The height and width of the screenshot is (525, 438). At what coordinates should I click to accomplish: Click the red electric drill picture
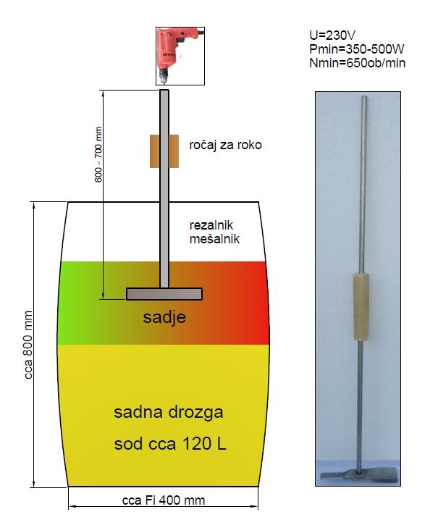point(180,56)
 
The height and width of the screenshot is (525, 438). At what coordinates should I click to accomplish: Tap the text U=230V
point(332,35)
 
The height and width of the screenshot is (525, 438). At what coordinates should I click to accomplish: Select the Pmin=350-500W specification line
point(357,49)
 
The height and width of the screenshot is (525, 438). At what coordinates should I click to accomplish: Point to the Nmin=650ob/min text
point(358,63)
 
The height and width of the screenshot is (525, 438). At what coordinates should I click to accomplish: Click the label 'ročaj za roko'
point(225,145)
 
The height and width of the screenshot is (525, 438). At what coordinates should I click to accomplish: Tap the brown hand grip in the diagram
point(164,151)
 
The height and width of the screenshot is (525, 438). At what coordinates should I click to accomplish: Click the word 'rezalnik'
point(211,225)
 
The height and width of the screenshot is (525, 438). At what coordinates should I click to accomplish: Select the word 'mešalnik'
point(214,239)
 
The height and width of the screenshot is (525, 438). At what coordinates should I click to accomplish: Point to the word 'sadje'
point(164,317)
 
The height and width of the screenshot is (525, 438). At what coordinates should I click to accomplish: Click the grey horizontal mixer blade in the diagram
point(164,294)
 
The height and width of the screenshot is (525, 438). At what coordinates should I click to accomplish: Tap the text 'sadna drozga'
point(169,412)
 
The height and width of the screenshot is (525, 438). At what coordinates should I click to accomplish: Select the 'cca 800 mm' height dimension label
point(28,345)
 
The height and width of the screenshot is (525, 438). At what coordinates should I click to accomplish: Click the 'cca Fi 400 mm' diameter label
point(164,500)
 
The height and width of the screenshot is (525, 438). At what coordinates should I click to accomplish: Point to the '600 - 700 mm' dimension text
point(98,154)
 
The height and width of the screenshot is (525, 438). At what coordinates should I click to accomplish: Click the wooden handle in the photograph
point(361,307)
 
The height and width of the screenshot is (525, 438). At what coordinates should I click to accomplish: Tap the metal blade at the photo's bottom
point(358,474)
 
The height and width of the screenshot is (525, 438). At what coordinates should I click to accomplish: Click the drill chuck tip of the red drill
point(164,80)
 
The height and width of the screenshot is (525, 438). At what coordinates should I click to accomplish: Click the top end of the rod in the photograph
point(364,98)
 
